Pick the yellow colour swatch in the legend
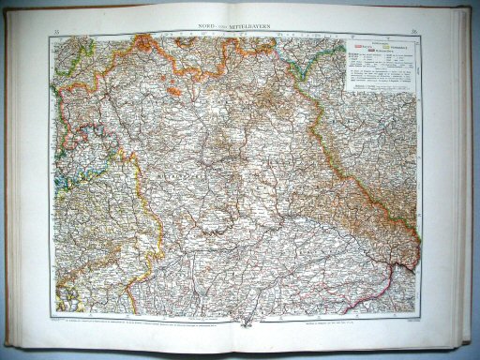(x=386, y=44)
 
